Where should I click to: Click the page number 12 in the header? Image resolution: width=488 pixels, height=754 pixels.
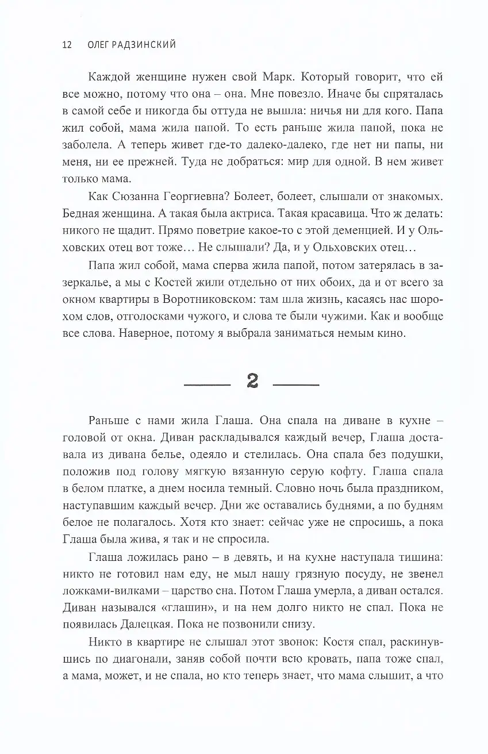[66, 45]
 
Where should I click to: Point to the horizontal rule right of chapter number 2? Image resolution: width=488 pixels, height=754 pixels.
[295, 383]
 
